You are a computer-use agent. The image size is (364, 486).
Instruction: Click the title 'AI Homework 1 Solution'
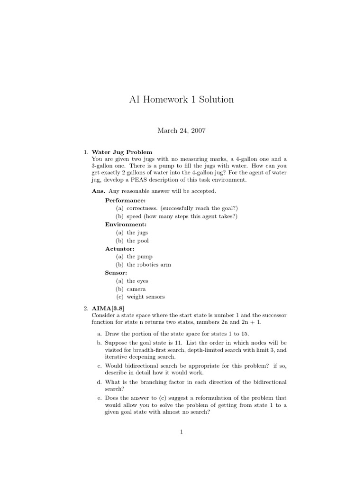[182, 100]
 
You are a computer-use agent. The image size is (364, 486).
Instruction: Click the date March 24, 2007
[182, 131]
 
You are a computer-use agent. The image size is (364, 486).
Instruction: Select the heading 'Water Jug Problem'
[122, 152]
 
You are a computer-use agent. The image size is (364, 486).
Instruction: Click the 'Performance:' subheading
[125, 200]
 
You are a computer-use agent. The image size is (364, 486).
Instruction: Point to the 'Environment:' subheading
[126, 224]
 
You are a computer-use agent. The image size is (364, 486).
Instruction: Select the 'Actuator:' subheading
[119, 248]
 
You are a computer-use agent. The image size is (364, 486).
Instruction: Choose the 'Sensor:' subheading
[116, 272]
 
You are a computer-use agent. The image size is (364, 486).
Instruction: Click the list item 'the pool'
[137, 241]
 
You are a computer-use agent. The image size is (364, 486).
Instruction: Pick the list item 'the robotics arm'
[149, 264]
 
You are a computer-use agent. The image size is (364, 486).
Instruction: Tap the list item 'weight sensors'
[146, 297]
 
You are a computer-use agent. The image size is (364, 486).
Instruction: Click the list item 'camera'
[136, 289]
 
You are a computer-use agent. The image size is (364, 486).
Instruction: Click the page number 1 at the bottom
[182, 432]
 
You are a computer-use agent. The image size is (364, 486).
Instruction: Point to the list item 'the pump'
[139, 257]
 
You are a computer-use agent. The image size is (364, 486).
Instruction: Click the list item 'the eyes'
[137, 280]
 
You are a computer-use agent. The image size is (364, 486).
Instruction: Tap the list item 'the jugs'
[137, 233]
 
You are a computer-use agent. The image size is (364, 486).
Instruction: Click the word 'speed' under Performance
[135, 216]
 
